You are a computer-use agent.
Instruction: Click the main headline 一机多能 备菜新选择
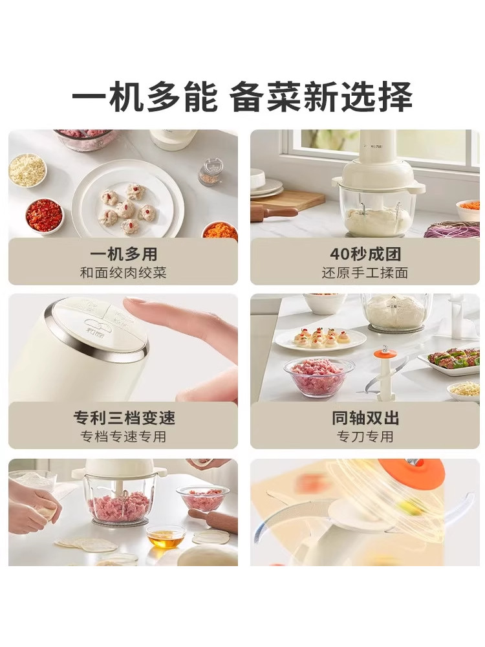242,98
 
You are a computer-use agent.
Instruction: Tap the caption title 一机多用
123,254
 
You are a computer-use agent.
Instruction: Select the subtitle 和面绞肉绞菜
123,272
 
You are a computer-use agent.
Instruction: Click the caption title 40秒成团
365,254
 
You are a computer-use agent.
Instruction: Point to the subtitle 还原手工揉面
365,272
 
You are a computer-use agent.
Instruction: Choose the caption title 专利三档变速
123,418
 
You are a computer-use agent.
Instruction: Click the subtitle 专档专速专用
123,437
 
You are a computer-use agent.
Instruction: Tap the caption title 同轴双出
365,418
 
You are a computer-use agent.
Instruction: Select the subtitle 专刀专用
365,437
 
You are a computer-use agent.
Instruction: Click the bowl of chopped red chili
45,216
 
